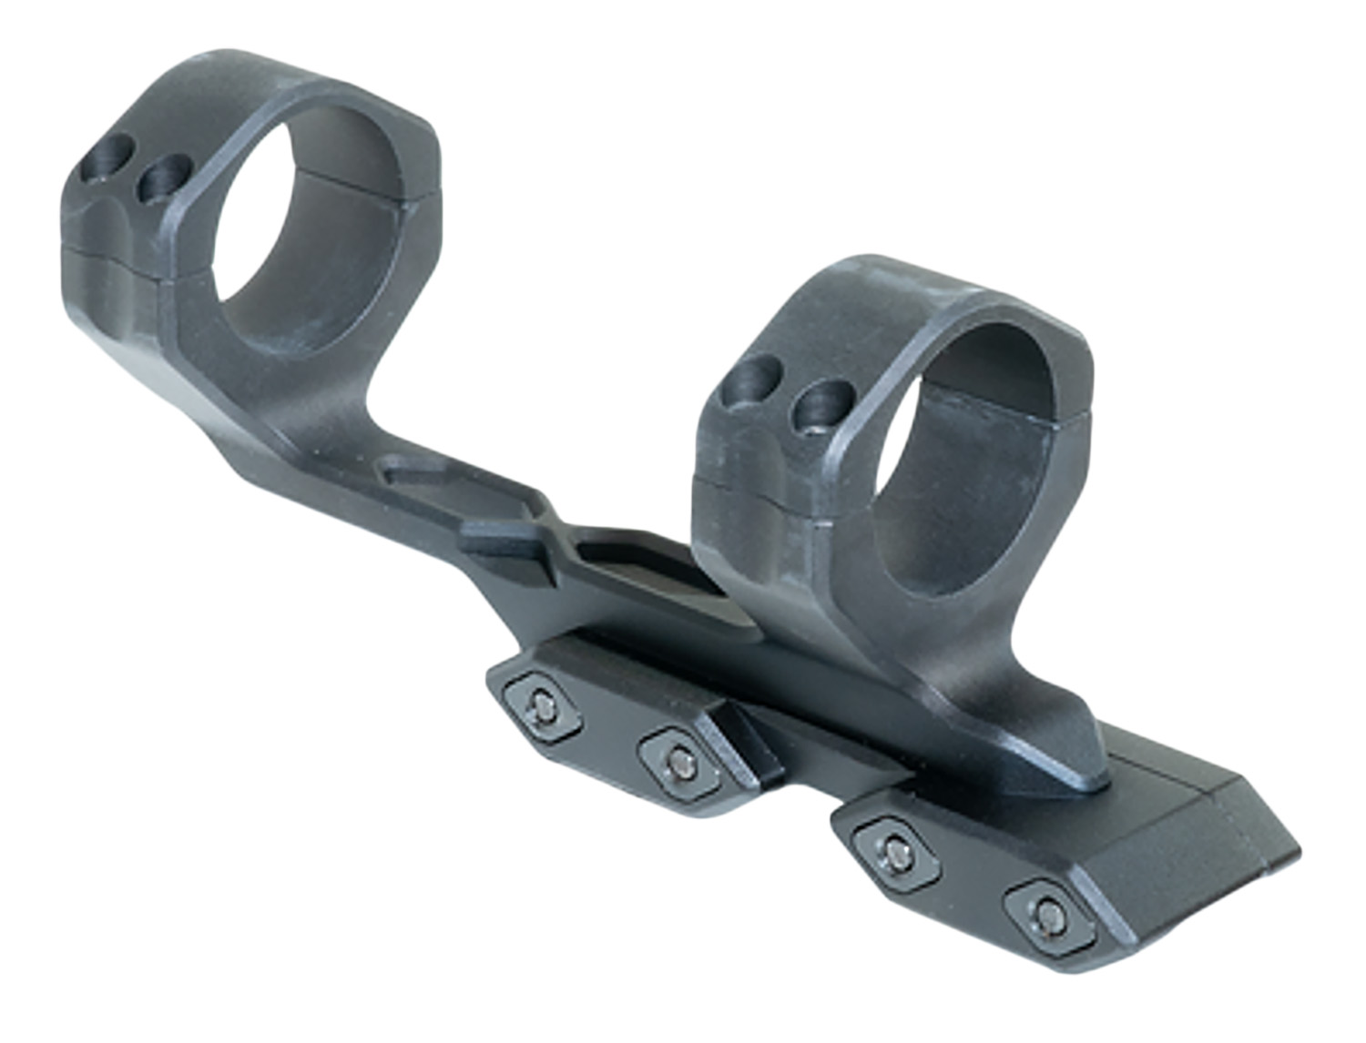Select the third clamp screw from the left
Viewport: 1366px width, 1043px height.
[x=897, y=848]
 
